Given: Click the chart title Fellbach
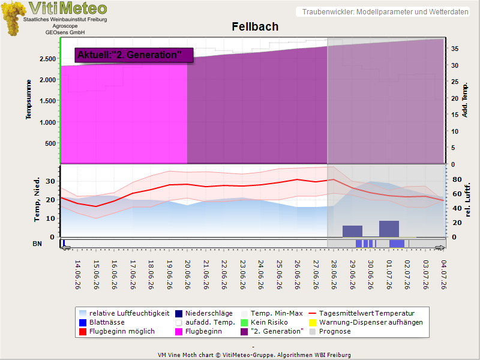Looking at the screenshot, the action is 255,26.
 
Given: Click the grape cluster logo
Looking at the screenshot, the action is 13,19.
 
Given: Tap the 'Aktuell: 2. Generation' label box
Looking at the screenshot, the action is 134,55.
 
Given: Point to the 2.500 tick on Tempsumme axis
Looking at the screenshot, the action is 47,59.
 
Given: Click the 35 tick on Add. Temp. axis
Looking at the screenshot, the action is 455,49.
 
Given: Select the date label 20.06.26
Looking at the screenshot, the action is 188,275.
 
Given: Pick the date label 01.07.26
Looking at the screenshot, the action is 389,275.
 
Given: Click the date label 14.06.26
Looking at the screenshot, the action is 78,275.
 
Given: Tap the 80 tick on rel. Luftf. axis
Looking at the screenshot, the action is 457,179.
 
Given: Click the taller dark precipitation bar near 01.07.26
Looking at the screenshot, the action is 389,229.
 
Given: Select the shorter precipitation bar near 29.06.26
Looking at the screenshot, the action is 352,231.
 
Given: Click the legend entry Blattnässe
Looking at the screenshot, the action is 102,322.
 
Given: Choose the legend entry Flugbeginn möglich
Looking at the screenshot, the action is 117,332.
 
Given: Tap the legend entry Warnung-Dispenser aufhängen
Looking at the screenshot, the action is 366,322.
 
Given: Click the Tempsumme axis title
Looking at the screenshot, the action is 28,100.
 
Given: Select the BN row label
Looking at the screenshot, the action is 37,244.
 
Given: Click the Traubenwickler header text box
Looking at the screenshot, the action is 383,12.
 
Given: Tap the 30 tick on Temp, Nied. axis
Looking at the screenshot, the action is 50,181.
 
